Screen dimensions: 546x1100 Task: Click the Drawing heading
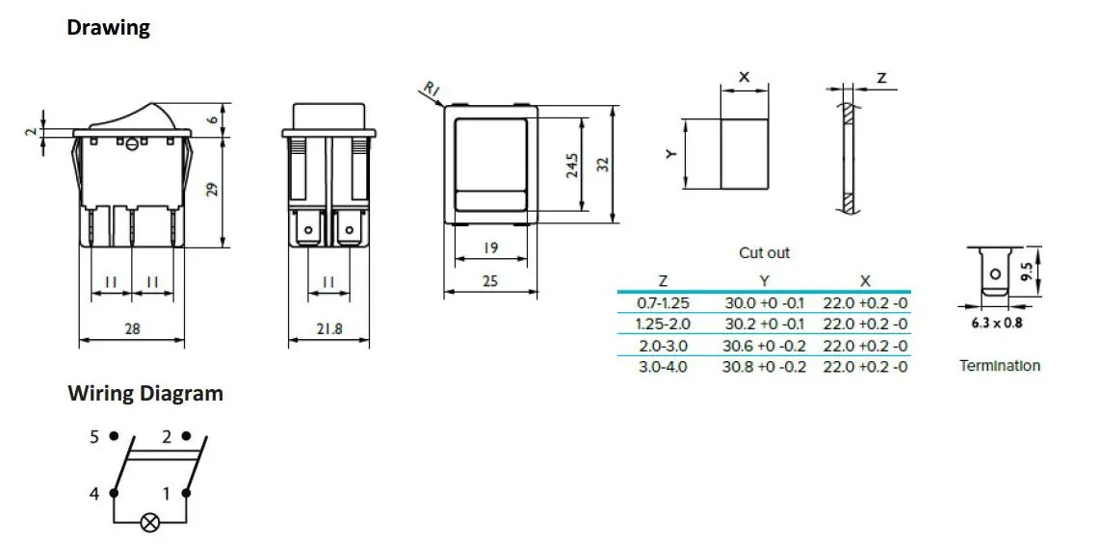click(108, 28)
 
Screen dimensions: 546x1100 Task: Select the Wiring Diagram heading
click(144, 394)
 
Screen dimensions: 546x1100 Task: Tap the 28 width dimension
click(132, 328)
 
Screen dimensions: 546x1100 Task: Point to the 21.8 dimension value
click(328, 328)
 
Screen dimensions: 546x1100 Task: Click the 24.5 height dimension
click(572, 165)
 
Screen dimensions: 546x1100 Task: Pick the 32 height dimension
click(604, 165)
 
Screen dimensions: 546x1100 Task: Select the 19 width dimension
click(490, 248)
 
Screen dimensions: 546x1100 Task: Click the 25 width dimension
click(490, 281)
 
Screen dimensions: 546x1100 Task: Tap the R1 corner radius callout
click(432, 91)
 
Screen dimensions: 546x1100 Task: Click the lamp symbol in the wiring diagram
click(149, 523)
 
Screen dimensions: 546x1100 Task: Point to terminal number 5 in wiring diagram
click(94, 437)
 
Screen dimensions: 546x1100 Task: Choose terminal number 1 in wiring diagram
click(167, 494)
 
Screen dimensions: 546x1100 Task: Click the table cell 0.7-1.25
click(663, 302)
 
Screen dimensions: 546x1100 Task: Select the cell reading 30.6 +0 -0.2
click(764, 346)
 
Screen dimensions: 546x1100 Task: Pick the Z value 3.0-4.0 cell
click(663, 367)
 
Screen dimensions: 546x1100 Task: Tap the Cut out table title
click(764, 253)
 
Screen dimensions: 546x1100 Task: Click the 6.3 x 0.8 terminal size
click(996, 324)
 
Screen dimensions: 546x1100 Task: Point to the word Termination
click(1000, 366)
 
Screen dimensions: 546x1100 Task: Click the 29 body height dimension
click(214, 189)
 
